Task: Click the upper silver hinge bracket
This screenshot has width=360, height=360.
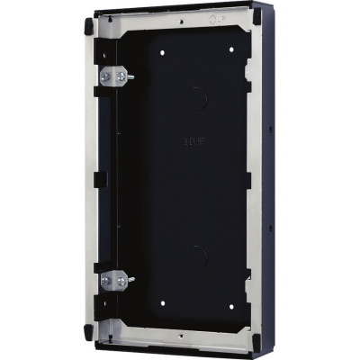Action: (x=113, y=78)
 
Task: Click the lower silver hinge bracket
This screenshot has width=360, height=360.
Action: (x=113, y=281)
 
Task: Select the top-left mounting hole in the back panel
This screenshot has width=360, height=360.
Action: (x=162, y=53)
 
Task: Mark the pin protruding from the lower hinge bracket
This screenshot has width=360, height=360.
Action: (x=131, y=280)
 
